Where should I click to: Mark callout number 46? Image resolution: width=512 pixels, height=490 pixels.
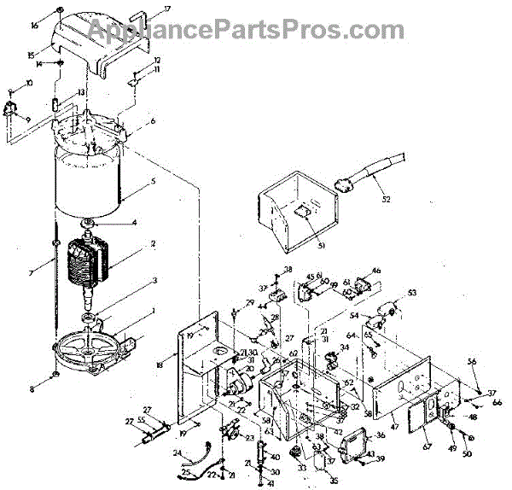point(376,271)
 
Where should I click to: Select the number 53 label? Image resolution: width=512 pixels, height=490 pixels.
point(412,293)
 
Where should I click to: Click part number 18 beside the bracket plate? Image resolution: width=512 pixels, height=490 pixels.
point(160,365)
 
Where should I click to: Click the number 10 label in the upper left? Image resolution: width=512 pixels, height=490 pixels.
point(29,83)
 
